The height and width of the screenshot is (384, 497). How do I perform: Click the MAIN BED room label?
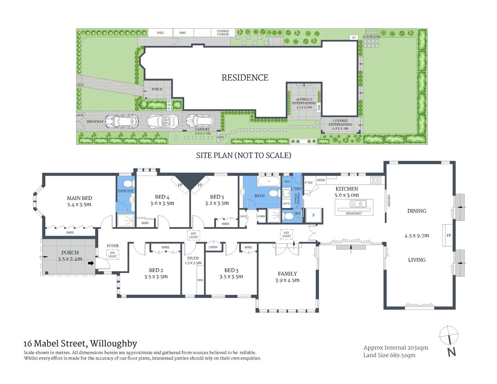pos(79,198)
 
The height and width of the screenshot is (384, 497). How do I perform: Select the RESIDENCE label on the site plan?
pos(245,78)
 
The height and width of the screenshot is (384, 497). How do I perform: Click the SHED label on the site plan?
pos(160,33)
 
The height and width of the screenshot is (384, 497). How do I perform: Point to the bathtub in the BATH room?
pos(269,182)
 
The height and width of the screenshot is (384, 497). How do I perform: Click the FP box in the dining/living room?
pos(449,236)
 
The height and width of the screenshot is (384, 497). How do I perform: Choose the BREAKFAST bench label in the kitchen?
pos(354,213)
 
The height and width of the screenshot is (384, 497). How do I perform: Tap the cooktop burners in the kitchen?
pos(375,180)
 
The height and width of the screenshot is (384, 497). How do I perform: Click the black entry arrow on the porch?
pos(91,263)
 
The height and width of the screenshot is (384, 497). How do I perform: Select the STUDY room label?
pos(193,258)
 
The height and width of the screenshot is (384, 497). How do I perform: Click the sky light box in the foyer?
pos(112,254)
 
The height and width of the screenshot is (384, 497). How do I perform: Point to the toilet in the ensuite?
pos(128,184)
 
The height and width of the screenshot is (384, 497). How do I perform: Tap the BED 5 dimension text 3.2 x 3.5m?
pos(217,203)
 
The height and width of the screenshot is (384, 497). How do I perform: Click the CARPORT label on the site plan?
pos(202,129)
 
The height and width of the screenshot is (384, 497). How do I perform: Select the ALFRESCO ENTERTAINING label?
pos(304,101)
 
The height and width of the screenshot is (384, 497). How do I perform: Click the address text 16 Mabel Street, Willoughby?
pos(80,344)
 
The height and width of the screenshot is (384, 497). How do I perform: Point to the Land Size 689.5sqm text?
pos(389,355)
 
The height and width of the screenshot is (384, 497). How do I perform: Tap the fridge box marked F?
pos(313,215)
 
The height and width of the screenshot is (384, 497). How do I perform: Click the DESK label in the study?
pos(200,280)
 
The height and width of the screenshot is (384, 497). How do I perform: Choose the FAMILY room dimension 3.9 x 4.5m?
pos(287,280)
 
